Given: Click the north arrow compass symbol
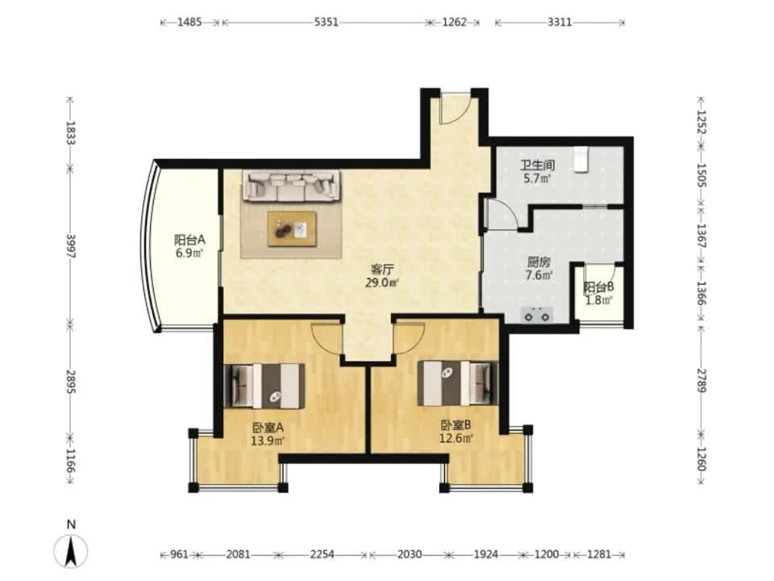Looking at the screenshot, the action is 71,550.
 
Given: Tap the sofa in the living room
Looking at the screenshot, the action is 291,186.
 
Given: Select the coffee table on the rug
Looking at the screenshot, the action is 292,228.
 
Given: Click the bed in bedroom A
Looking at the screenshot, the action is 264,386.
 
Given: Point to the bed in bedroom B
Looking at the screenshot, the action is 458,383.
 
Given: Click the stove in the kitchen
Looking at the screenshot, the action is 537,315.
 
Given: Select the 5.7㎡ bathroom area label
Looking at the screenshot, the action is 538,178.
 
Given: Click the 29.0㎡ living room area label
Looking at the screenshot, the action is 382,283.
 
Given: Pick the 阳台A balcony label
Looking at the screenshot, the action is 189,240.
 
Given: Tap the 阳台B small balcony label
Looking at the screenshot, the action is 599,287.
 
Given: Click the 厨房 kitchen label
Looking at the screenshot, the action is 539,261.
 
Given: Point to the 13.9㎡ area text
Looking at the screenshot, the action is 268,441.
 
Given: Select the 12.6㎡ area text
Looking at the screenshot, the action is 456,437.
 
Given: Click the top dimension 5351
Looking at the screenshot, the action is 327,23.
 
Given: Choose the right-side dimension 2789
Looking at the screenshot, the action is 701,380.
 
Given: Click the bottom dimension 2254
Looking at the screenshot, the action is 322,554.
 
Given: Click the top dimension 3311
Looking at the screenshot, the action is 560,23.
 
